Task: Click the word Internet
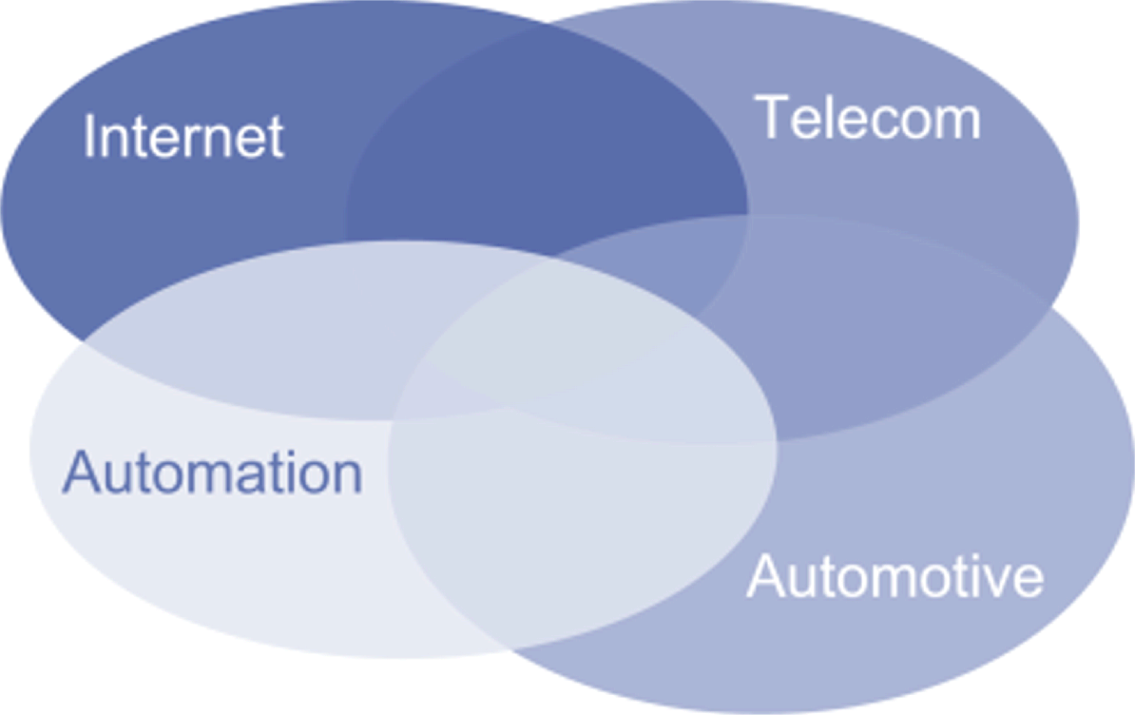tap(183, 137)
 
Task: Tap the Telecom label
tap(868, 119)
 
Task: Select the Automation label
tap(212, 473)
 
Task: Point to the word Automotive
tap(895, 577)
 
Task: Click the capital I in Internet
tap(89, 137)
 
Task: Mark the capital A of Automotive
tap(766, 577)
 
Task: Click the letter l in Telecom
tap(824, 118)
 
